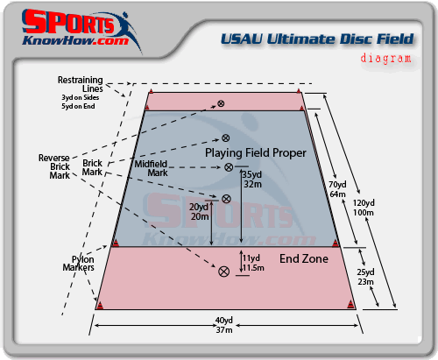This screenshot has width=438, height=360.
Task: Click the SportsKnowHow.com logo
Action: click(x=81, y=29)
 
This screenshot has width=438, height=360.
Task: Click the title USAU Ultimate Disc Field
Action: click(x=317, y=39)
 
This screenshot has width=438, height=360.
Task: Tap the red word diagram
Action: click(x=385, y=58)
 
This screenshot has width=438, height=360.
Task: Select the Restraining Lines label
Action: click(x=80, y=84)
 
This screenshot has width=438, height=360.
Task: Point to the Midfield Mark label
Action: click(x=151, y=168)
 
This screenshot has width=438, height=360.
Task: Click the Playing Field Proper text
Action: click(x=256, y=153)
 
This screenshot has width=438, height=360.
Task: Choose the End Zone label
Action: click(x=304, y=258)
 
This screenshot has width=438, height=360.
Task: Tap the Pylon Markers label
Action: click(x=79, y=264)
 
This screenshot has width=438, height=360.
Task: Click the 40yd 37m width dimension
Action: click(x=224, y=325)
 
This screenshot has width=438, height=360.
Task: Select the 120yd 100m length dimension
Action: click(x=364, y=208)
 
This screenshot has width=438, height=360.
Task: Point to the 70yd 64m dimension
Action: click(x=337, y=189)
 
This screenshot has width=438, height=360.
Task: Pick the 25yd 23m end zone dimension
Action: click(x=365, y=277)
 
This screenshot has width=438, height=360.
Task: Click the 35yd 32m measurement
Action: click(x=252, y=180)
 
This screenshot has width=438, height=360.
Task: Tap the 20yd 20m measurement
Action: click(x=199, y=212)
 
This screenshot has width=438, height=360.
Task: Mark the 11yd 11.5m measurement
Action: click(x=253, y=263)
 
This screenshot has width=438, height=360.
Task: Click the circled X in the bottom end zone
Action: click(x=224, y=272)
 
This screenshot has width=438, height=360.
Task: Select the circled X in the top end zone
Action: click(x=221, y=103)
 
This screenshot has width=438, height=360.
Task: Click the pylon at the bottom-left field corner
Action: click(x=100, y=306)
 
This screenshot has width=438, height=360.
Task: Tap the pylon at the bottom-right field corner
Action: click(x=350, y=305)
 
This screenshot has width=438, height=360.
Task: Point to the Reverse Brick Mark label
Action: click(x=54, y=166)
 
